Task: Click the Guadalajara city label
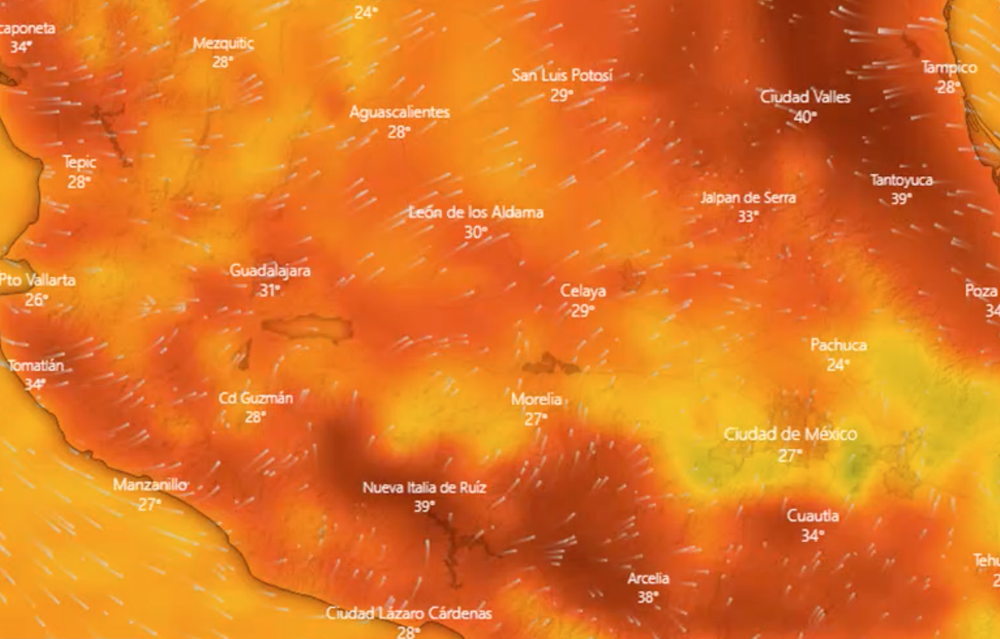point(270,270)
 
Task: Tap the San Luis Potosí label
point(563,75)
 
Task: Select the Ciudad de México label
point(790,434)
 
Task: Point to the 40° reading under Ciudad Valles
point(805,117)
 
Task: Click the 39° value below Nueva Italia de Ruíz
point(424,506)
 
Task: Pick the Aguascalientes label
point(400,112)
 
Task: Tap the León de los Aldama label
point(476,212)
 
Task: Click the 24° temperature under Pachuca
point(837,365)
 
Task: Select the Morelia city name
point(536,399)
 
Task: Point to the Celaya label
point(583,291)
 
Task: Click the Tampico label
point(949,68)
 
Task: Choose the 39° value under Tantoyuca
point(901,199)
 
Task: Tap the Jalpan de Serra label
point(749,198)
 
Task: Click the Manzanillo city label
point(150,485)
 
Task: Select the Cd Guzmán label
point(255,398)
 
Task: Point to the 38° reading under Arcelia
point(647,598)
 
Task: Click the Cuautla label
point(813,516)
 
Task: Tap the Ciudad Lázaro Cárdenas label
point(409,613)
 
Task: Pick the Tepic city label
point(80,162)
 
